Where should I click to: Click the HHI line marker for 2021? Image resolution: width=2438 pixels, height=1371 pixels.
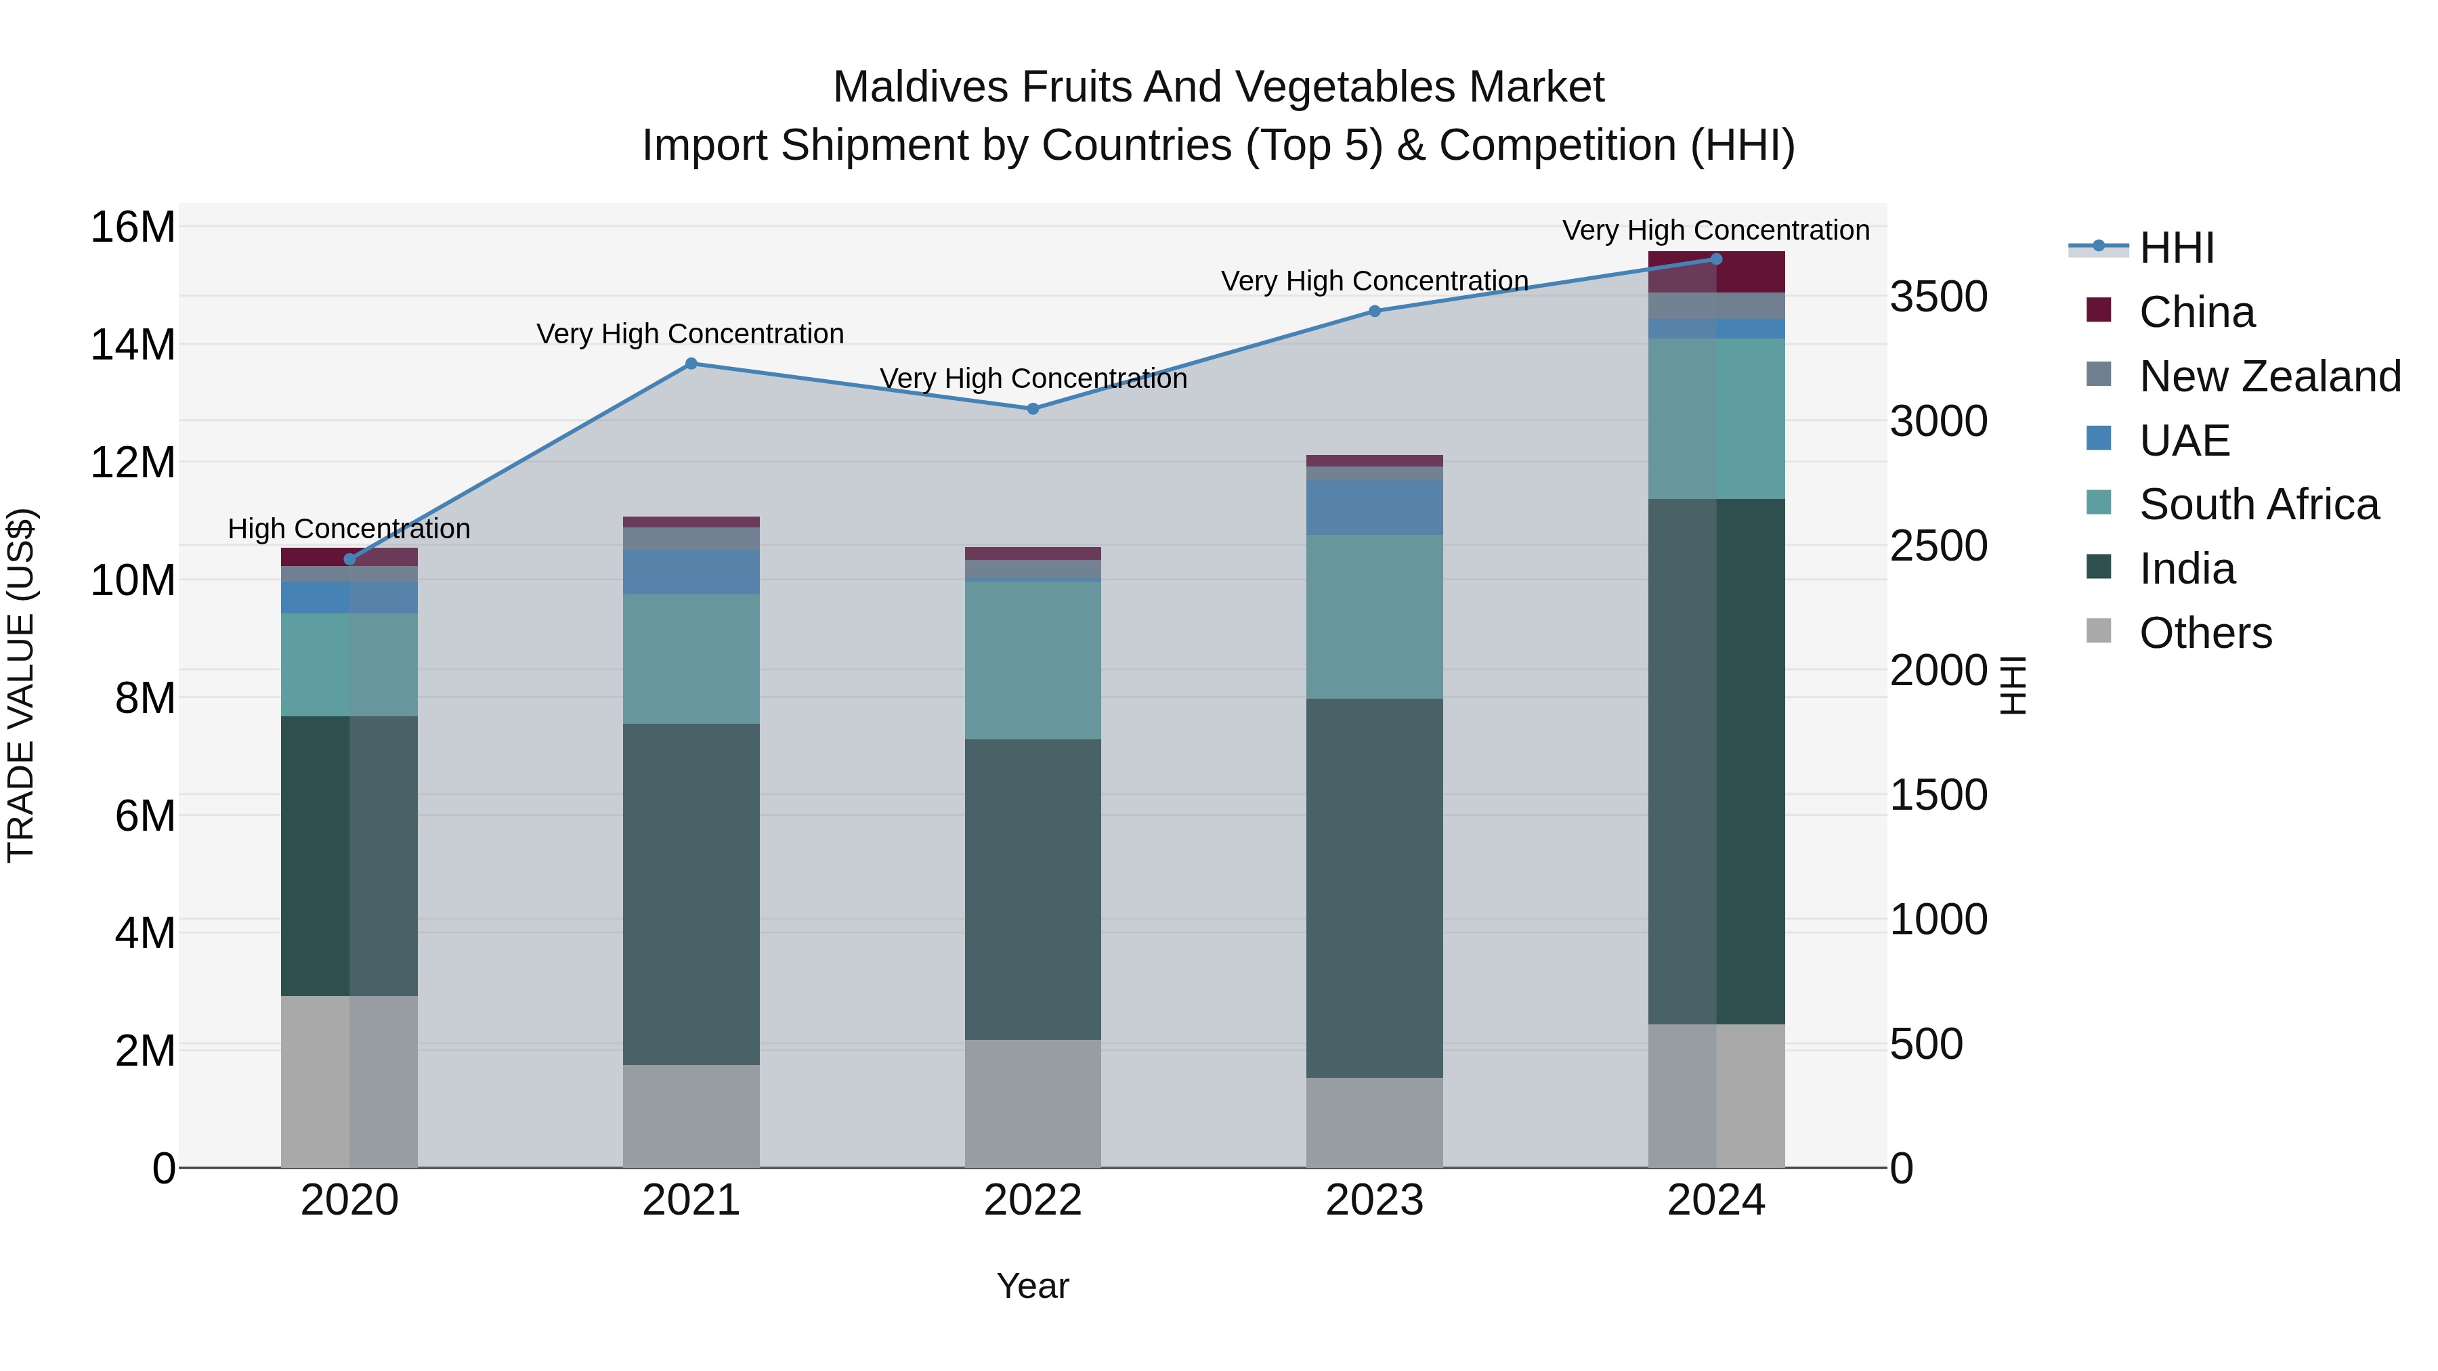(x=691, y=364)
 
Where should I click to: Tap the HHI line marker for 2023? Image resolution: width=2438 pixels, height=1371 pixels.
(x=1374, y=311)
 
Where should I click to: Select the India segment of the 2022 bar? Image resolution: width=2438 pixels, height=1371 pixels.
(x=1033, y=890)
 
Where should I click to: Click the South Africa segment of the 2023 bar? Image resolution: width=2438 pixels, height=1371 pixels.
(x=1374, y=617)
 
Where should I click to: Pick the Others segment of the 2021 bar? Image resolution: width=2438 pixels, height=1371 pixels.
(x=691, y=1116)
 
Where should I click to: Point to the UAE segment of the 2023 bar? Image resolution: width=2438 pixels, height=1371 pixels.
(x=1374, y=507)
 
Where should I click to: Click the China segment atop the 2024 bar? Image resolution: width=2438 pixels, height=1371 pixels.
(x=1716, y=272)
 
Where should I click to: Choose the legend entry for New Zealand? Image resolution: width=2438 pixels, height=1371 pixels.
(x=2269, y=376)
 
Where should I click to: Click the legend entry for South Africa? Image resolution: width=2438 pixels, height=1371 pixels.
(x=2258, y=504)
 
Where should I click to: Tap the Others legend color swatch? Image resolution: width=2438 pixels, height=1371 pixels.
(x=2098, y=631)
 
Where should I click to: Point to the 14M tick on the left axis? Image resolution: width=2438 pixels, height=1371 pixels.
(x=133, y=345)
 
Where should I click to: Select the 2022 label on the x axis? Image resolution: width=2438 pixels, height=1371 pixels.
(x=1033, y=1200)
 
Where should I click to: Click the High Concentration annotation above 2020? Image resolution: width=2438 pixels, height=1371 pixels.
(x=349, y=528)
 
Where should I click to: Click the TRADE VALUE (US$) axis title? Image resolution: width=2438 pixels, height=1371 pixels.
(x=21, y=685)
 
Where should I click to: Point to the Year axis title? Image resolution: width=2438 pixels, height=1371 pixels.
(x=1033, y=1286)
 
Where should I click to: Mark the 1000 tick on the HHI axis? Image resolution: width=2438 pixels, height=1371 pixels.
(x=1938, y=919)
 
